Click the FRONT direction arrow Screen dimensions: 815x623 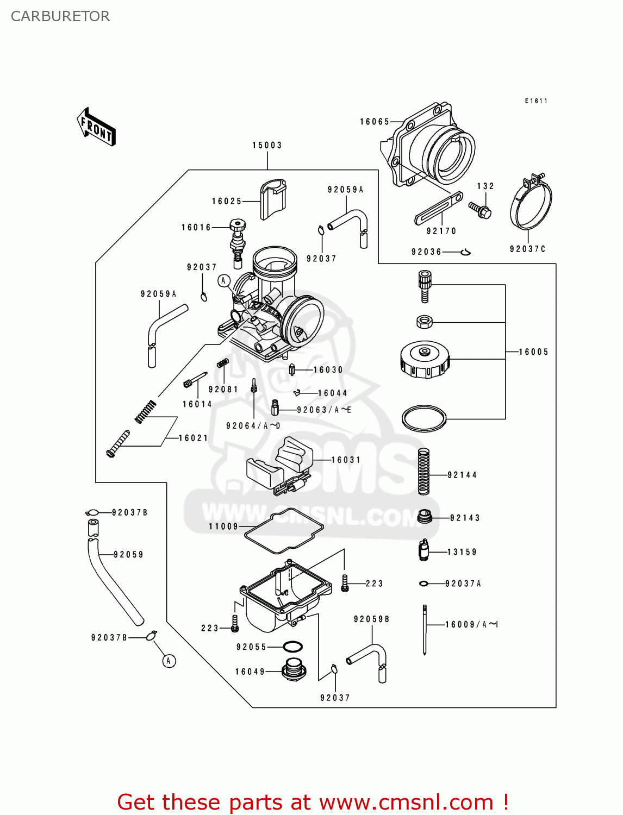pyautogui.click(x=96, y=127)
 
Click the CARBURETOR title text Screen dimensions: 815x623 pyautogui.click(x=60, y=16)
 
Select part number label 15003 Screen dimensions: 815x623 pyautogui.click(x=267, y=146)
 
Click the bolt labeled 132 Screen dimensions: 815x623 pyautogui.click(x=481, y=210)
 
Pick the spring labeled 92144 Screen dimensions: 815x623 pyautogui.click(x=423, y=471)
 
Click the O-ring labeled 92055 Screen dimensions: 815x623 pyautogui.click(x=293, y=647)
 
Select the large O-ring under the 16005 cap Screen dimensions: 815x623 pyautogui.click(x=424, y=418)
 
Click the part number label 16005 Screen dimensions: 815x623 pyautogui.click(x=533, y=352)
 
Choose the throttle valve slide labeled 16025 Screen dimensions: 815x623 pyautogui.click(x=273, y=199)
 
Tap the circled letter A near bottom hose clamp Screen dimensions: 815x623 pyautogui.click(x=169, y=661)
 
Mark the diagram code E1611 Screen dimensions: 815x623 pyautogui.click(x=536, y=101)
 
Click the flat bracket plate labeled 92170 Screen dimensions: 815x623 pyautogui.click(x=438, y=208)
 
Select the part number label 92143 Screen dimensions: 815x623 pyautogui.click(x=465, y=518)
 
